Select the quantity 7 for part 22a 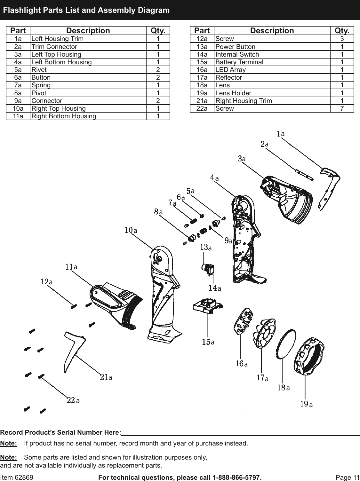click(x=342, y=108)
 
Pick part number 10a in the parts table click(x=18, y=108)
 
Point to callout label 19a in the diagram click(x=306, y=404)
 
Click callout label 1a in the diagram click(x=281, y=134)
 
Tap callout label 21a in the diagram click(x=106, y=377)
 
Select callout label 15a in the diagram click(x=208, y=342)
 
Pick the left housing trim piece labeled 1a click(x=330, y=185)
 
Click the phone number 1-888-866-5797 click(x=237, y=477)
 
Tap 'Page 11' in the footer click(x=348, y=477)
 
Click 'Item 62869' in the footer click(x=17, y=477)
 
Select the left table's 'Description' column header click(x=88, y=31)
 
